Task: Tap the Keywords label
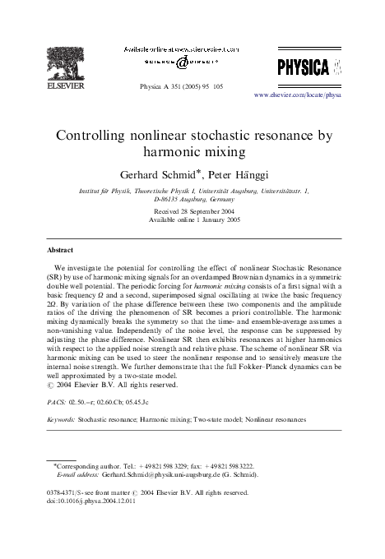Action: (x=61, y=419)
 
